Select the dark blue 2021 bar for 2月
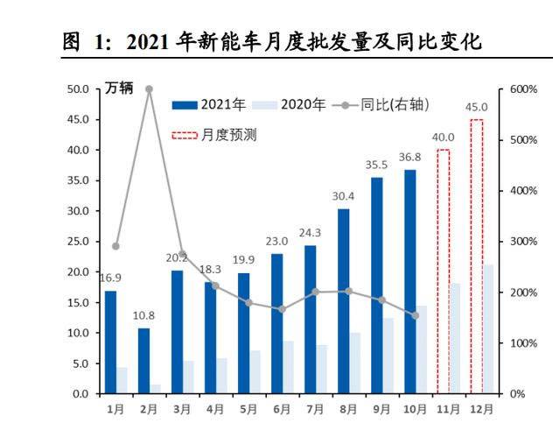point(143,361)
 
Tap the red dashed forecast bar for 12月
point(477,257)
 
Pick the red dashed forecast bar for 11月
point(443,271)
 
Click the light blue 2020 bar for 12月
point(488,328)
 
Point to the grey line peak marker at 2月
point(149,89)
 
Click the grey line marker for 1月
point(115,246)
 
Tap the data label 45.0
point(476,108)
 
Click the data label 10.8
point(143,316)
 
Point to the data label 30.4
point(343,197)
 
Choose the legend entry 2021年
point(209,105)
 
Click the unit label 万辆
point(118,88)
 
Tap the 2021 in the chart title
point(150,41)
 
